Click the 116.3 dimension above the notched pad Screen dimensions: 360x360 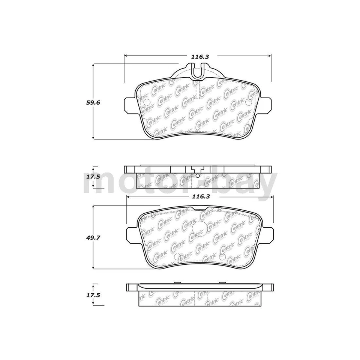(x=199, y=56)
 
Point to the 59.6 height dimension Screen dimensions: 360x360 (x=94, y=102)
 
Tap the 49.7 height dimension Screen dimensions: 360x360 (x=94, y=237)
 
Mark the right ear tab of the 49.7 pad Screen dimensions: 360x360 (x=268, y=234)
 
